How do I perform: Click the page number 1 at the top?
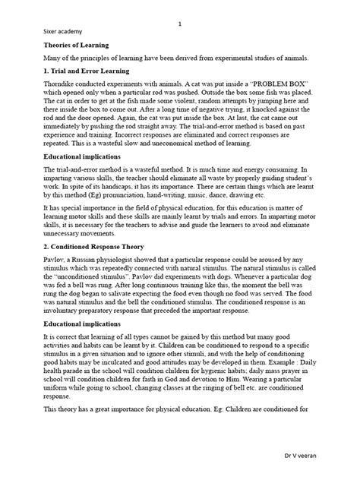(x=179, y=24)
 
